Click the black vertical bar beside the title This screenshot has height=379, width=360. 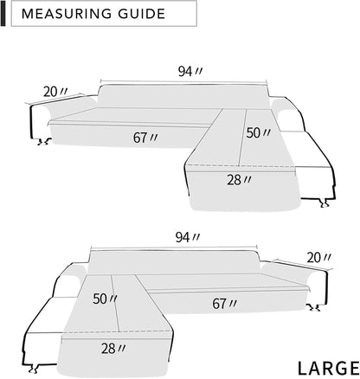coord(4,14)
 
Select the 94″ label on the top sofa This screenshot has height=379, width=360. coord(185,72)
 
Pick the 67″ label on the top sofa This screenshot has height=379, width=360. coord(145,137)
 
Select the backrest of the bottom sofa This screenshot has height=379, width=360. coord(173,258)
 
